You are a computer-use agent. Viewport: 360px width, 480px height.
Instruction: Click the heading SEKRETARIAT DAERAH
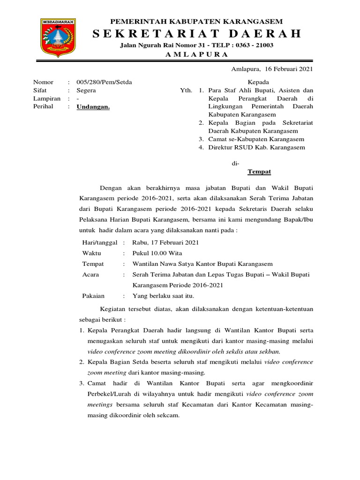(x=196, y=34)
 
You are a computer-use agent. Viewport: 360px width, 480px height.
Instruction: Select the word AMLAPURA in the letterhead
(x=196, y=54)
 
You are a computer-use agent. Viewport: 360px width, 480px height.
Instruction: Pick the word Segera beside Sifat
(x=86, y=90)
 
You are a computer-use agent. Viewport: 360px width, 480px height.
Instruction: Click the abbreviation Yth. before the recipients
(x=187, y=90)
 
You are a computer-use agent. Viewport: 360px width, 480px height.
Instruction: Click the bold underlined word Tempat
(x=259, y=172)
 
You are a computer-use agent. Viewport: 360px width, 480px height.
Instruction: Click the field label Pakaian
(x=93, y=296)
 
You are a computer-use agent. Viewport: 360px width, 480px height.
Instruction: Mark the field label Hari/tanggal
(x=100, y=242)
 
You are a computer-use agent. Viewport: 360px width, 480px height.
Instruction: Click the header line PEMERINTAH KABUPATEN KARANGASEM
(x=196, y=22)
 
